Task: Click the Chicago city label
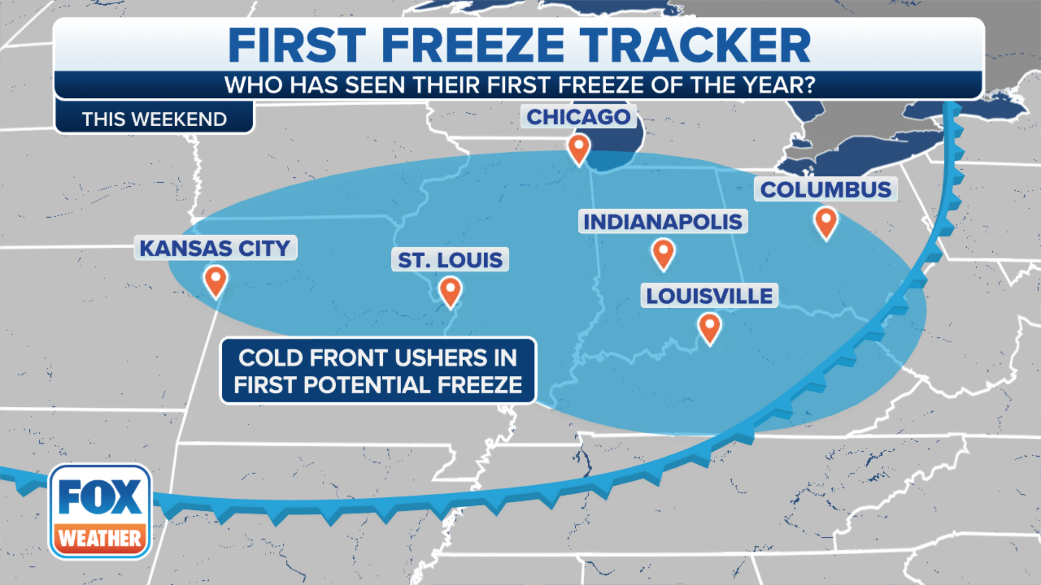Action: pyautogui.click(x=578, y=117)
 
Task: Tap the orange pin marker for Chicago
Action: pyautogui.click(x=579, y=147)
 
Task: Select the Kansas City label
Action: pyautogui.click(x=215, y=248)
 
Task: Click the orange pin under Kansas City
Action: pyautogui.click(x=215, y=279)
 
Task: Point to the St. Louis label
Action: pyautogui.click(x=450, y=260)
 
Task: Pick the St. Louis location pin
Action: pyautogui.click(x=450, y=290)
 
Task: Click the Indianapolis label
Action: pyautogui.click(x=663, y=222)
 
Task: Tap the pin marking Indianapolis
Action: pyautogui.click(x=663, y=252)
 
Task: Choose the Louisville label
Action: pyautogui.click(x=709, y=296)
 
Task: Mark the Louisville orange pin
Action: pyautogui.click(x=709, y=327)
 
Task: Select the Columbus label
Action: pyautogui.click(x=825, y=190)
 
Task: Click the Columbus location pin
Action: pyautogui.click(x=826, y=221)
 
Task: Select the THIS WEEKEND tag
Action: pyautogui.click(x=155, y=119)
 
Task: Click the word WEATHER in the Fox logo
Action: pyautogui.click(x=100, y=538)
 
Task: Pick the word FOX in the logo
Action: pyautogui.click(x=100, y=497)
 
